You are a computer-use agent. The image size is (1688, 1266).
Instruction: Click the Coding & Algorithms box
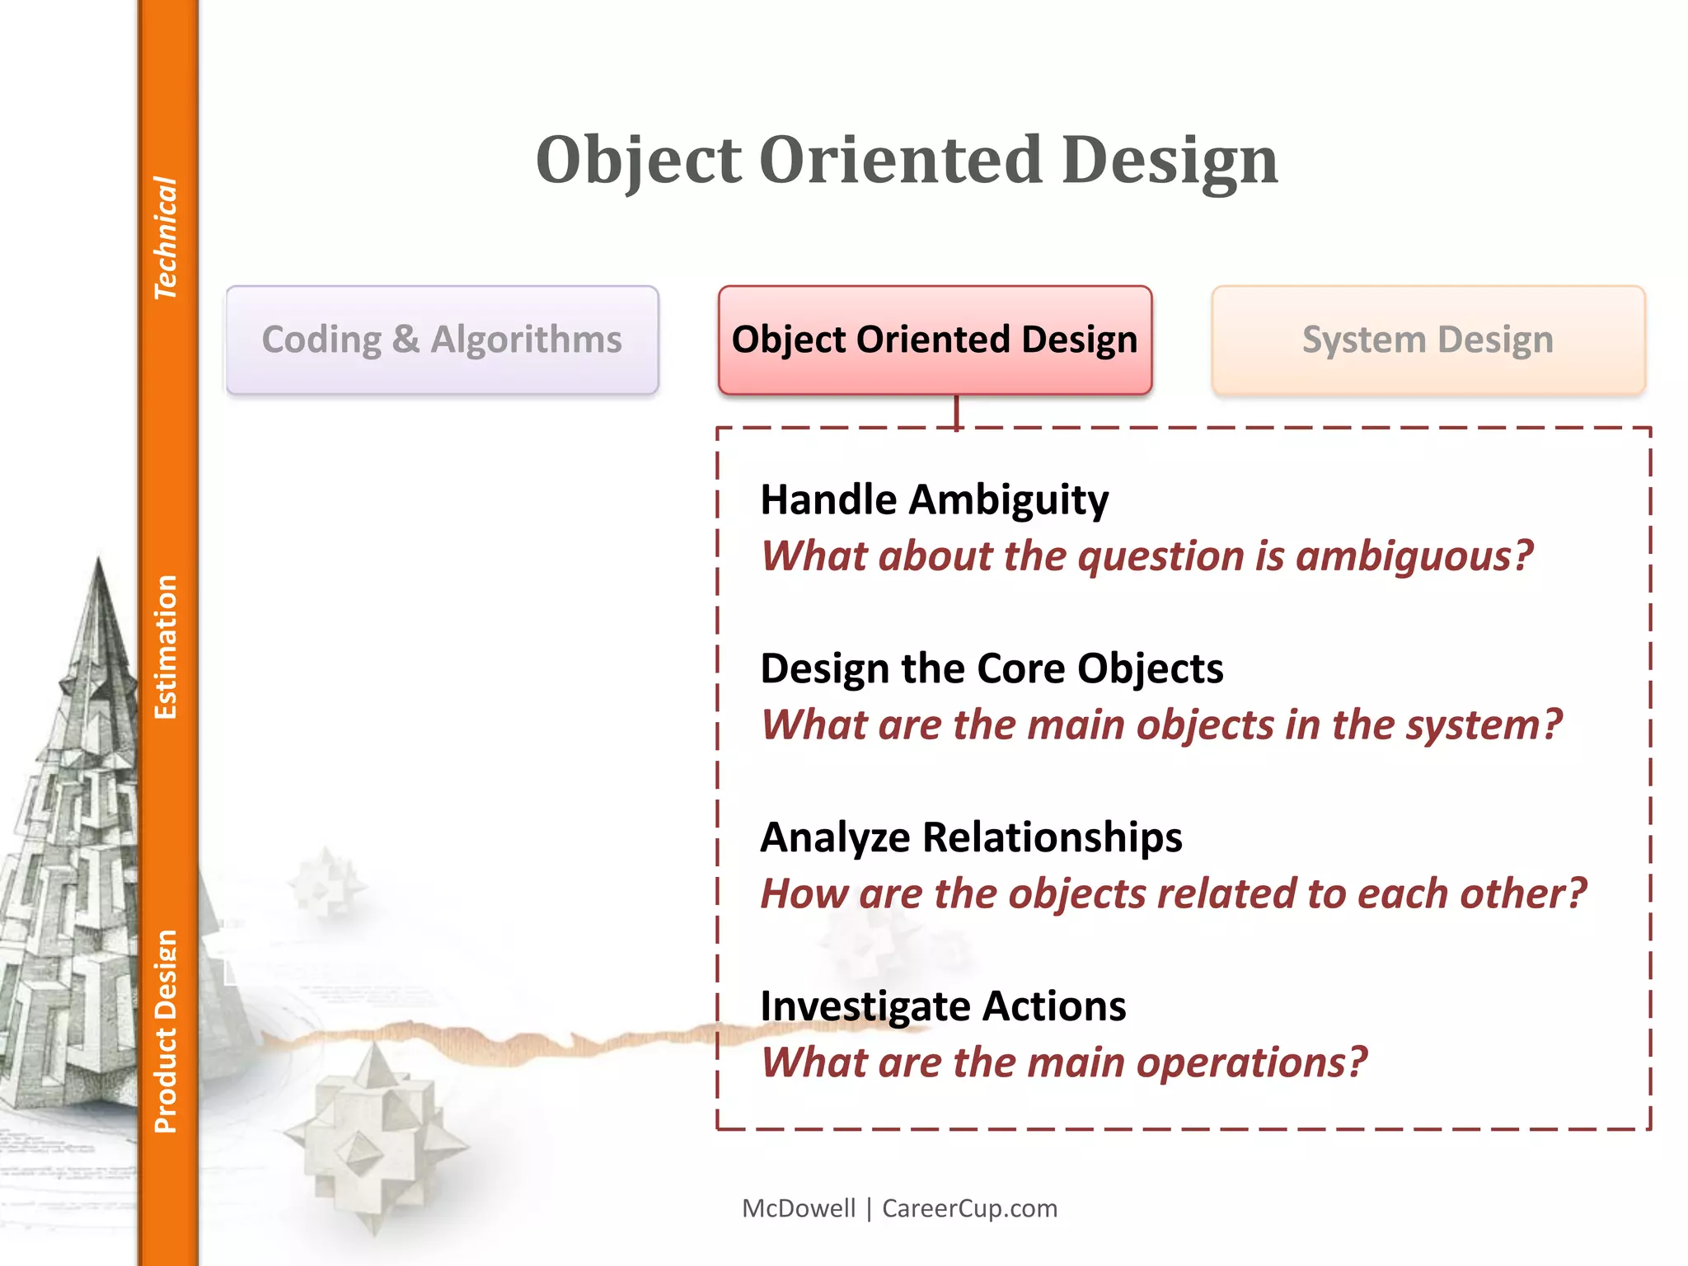point(442,340)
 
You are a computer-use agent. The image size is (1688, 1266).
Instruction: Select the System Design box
point(1428,340)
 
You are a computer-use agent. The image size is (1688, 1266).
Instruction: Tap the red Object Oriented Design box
point(934,340)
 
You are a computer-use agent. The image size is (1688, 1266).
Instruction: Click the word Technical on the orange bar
point(166,238)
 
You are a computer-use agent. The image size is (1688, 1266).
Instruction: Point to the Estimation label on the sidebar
point(166,647)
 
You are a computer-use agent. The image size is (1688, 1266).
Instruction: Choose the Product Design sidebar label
point(166,1031)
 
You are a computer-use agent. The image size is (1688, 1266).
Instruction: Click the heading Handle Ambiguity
point(934,499)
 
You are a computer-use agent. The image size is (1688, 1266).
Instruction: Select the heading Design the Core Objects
point(991,668)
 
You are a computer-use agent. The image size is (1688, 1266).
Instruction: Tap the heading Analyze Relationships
point(970,837)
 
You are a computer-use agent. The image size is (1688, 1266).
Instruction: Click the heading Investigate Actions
point(942,1006)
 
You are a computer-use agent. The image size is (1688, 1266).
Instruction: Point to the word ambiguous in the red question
point(1414,557)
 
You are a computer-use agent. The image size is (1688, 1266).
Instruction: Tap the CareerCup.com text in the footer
point(969,1208)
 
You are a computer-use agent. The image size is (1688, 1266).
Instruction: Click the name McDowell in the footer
point(798,1208)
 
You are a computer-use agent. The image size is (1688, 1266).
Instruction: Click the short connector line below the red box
point(956,411)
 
